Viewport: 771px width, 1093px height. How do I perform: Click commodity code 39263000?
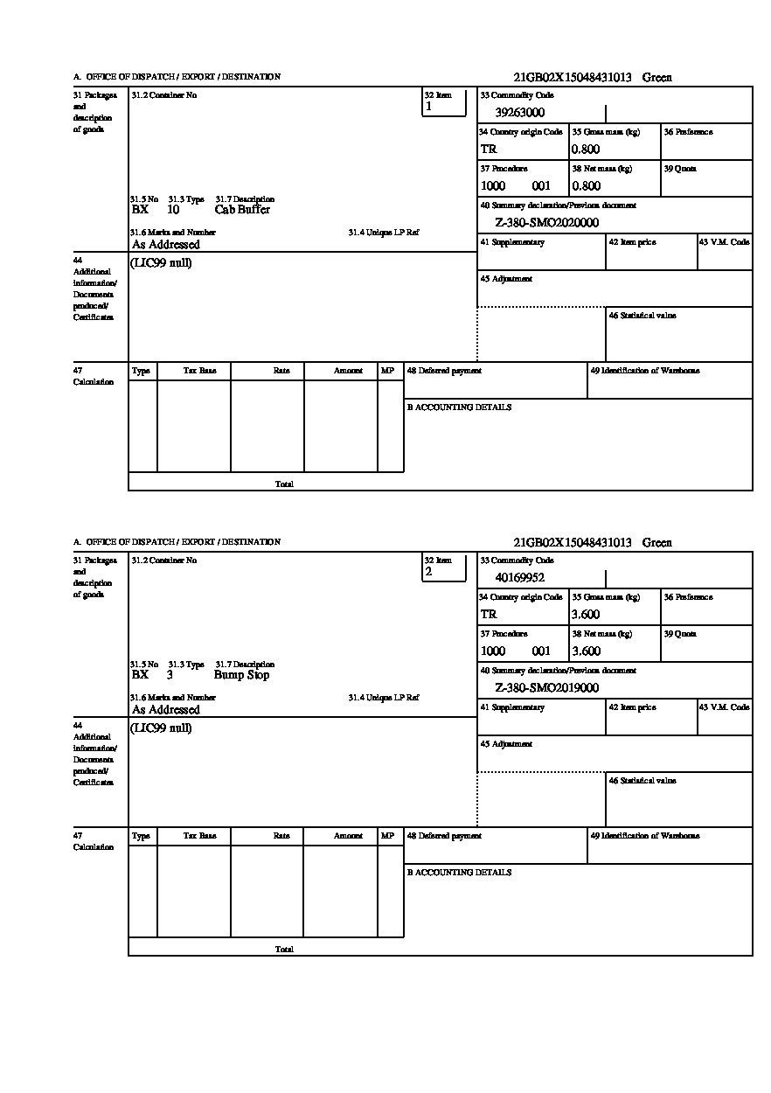519,113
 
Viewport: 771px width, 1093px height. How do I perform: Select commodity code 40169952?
519,578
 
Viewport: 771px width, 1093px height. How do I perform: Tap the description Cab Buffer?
242,210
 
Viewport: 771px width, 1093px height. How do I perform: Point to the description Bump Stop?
241,675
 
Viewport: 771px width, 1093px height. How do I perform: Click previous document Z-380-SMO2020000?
546,223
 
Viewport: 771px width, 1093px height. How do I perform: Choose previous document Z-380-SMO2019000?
546,688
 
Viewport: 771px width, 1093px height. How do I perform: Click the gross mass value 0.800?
586,150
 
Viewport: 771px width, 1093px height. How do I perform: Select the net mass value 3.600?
586,651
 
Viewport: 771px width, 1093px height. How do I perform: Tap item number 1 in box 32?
428,107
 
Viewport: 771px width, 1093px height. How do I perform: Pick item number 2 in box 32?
428,572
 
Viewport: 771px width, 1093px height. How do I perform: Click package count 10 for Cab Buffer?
173,210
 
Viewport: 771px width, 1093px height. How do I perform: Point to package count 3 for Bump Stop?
170,675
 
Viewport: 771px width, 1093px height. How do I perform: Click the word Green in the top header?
656,78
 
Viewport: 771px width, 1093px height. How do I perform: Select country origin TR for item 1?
488,150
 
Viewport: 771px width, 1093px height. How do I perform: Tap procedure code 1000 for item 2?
493,651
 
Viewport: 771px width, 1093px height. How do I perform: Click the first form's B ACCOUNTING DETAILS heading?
459,407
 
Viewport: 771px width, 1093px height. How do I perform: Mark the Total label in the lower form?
284,950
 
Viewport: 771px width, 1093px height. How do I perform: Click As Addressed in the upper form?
166,246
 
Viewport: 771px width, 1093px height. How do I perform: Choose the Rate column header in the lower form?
281,836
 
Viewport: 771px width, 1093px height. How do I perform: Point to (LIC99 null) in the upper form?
161,263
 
